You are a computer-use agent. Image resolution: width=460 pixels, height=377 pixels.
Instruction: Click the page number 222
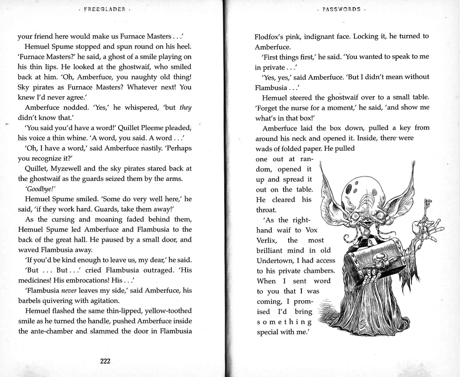pos(105,361)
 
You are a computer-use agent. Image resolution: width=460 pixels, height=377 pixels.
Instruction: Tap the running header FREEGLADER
pos(104,9)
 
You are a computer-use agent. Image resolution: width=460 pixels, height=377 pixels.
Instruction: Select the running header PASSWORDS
pos(342,9)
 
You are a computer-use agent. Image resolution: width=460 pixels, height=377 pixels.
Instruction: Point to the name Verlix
pos(268,240)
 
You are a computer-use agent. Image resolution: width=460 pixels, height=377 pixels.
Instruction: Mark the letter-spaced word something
pos(284,322)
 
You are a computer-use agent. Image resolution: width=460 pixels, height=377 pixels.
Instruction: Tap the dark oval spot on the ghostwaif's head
pos(348,188)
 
